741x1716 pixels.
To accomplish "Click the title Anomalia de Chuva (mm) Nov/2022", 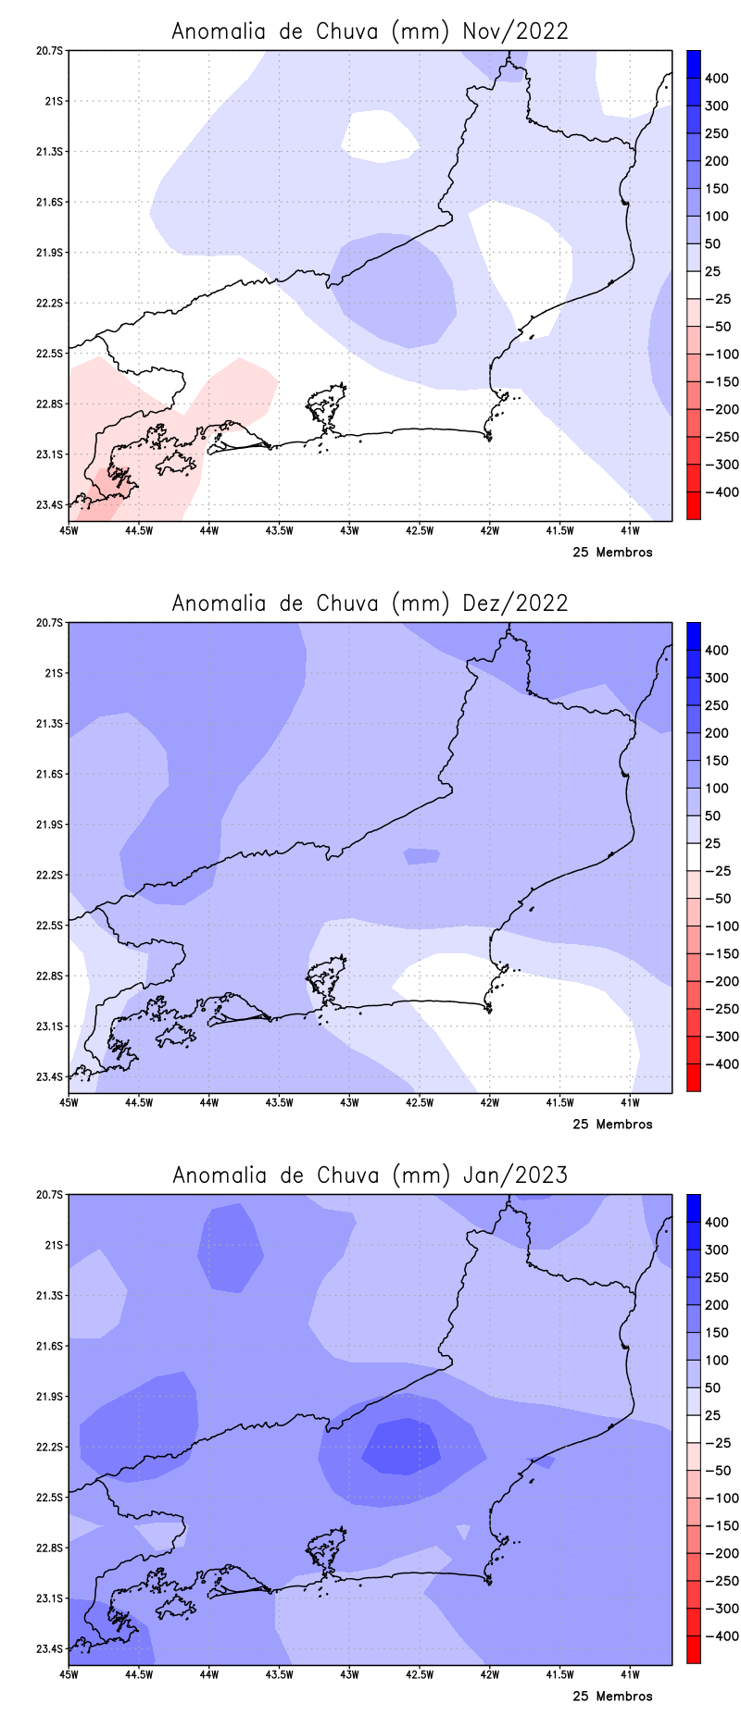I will point(370,31).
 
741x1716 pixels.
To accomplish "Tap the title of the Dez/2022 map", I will point(370,603).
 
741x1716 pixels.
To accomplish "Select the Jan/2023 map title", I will point(370,1175).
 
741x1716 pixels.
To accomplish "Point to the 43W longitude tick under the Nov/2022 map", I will point(349,530).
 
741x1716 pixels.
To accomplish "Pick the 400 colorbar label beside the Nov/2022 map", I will point(716,79).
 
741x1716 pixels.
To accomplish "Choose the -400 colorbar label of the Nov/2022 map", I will point(722,492).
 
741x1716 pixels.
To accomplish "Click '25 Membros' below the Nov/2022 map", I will point(612,553).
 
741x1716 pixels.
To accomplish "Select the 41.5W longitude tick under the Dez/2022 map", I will point(559,1102).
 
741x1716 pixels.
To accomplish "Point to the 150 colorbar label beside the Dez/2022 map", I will point(716,761).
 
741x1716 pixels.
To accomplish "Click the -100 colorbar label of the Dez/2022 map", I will point(722,926).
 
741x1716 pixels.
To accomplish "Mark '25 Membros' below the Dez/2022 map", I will point(612,1125).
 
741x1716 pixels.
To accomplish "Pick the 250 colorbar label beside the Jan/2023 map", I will point(716,1277).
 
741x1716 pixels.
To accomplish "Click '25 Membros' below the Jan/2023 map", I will point(612,1697).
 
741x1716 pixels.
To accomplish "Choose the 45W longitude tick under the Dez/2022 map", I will point(68,1102).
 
